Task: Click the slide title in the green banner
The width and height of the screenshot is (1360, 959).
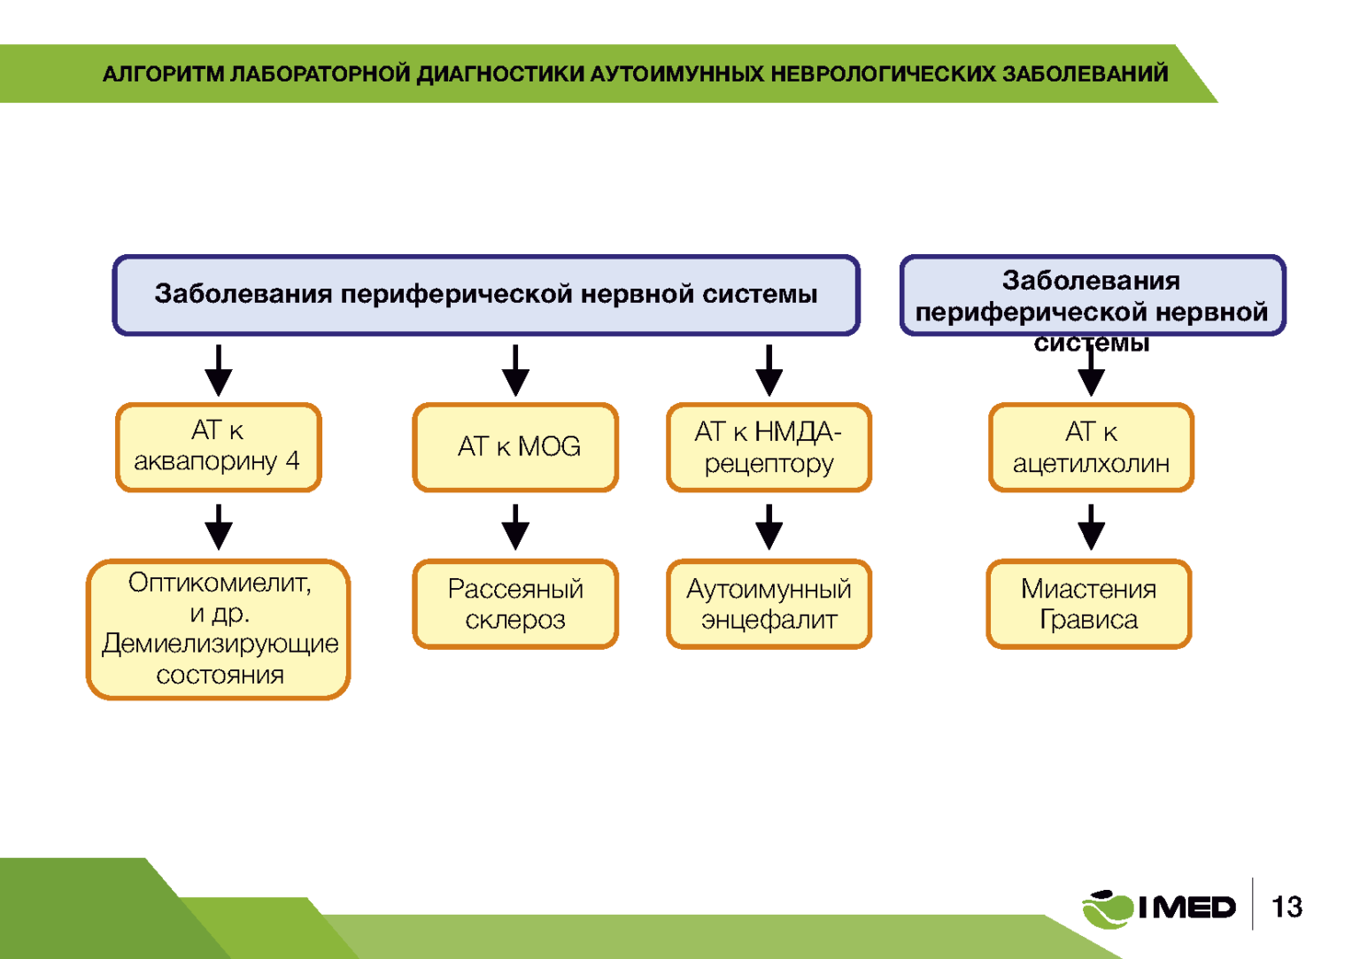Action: click(635, 73)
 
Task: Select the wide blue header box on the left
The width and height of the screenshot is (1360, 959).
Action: click(486, 295)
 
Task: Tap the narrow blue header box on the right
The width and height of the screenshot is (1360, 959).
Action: click(1092, 296)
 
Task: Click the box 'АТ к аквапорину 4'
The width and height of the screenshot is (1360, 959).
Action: click(218, 447)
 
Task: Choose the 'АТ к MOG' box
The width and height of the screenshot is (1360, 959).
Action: click(515, 447)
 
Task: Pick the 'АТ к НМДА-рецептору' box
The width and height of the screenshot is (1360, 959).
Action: click(769, 447)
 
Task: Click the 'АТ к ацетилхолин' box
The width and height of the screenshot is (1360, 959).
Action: click(1091, 447)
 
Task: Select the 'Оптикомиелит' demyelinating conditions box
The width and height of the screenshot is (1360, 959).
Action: click(219, 630)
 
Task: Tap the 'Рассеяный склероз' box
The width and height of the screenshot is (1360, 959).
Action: click(515, 604)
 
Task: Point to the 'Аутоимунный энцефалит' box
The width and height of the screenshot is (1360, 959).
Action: click(769, 604)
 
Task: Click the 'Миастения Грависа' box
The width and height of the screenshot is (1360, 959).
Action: click(1089, 604)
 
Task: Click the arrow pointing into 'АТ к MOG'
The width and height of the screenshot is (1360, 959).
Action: click(515, 371)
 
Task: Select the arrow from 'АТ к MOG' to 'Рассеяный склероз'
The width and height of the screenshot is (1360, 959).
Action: click(515, 527)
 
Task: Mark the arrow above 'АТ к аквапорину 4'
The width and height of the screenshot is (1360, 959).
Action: click(219, 371)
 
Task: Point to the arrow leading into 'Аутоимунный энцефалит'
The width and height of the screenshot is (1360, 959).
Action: click(769, 527)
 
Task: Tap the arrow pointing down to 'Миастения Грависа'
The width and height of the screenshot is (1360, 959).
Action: click(1091, 527)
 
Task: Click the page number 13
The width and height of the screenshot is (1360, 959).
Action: click(1287, 907)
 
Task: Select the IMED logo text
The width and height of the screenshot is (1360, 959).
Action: click(1186, 908)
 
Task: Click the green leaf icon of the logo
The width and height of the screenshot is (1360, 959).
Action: click(1107, 909)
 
